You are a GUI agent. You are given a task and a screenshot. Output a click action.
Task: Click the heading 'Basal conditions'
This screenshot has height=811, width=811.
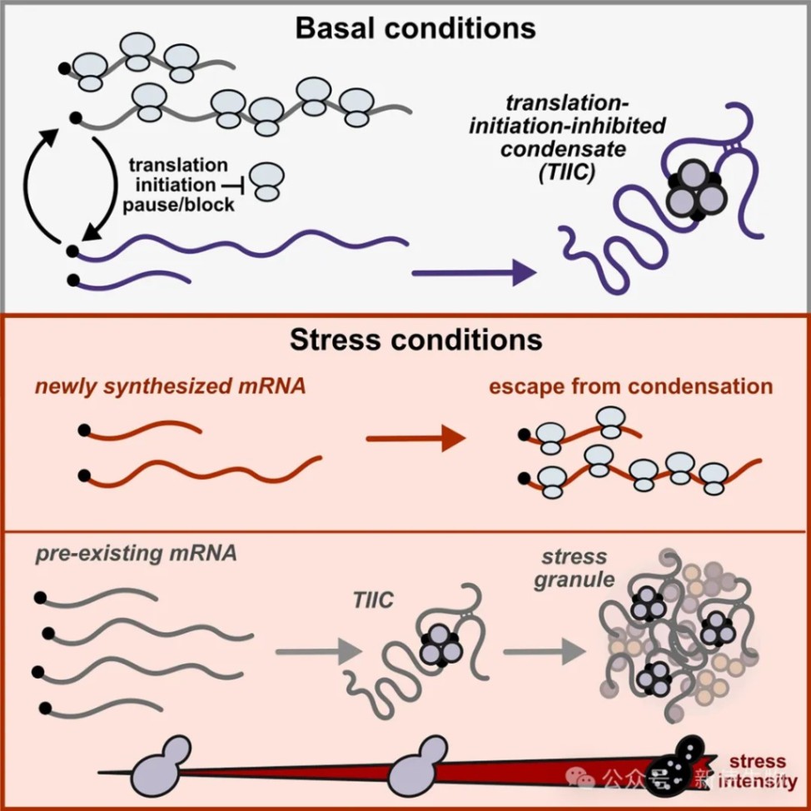click(415, 27)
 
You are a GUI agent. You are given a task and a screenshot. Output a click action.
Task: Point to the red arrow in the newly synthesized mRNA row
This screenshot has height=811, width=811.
click(415, 438)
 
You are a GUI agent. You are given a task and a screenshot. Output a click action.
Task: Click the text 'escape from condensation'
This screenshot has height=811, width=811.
click(630, 386)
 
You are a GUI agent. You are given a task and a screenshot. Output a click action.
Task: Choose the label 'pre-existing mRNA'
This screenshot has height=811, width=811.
click(137, 554)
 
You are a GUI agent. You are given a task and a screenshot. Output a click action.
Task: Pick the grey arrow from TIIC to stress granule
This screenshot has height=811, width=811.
click(540, 651)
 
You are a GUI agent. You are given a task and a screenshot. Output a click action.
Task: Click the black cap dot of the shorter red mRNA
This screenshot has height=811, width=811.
click(83, 430)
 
